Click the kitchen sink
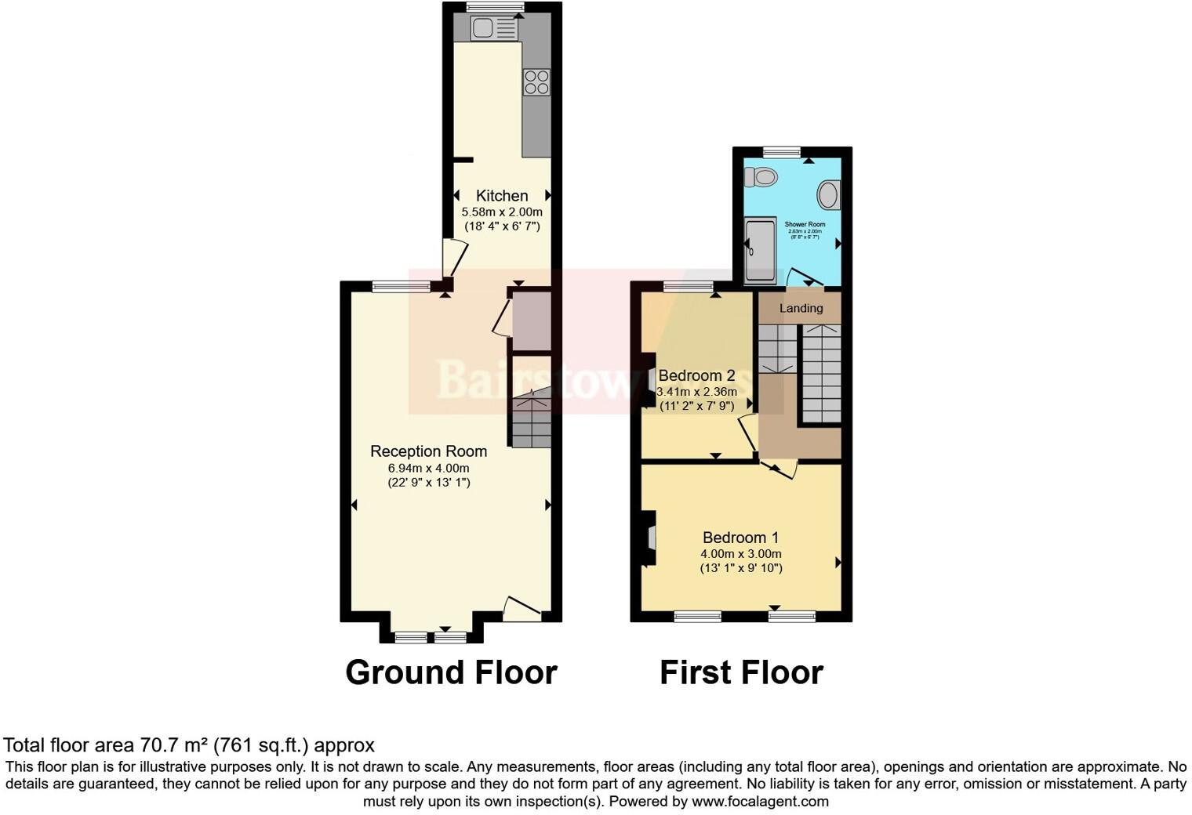[x=493, y=29]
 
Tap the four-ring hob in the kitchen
[x=536, y=82]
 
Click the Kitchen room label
[x=502, y=196]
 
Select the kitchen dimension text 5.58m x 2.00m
[x=502, y=212]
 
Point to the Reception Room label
[x=428, y=451]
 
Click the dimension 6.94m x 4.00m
[x=428, y=468]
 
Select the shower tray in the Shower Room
[x=759, y=249]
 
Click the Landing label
[x=801, y=308]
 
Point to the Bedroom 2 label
[x=696, y=375]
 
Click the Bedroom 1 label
[x=740, y=538]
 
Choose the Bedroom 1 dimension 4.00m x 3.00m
[x=740, y=554]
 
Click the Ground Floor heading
[x=451, y=672]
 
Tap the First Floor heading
[x=741, y=672]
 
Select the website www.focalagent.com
[x=760, y=802]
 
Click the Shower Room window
[x=782, y=152]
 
